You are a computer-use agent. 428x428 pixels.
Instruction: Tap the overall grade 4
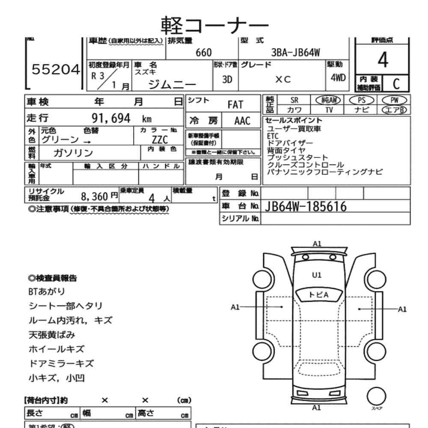click(x=383, y=61)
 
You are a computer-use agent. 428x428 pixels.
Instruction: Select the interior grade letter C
click(x=396, y=83)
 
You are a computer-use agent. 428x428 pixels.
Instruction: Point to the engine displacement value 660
click(x=203, y=53)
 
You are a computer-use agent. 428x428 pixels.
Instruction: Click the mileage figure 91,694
click(x=111, y=119)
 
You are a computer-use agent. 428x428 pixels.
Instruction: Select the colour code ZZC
click(x=159, y=140)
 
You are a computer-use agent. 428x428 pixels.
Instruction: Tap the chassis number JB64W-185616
click(x=306, y=207)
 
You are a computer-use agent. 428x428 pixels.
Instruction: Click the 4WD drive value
click(x=339, y=79)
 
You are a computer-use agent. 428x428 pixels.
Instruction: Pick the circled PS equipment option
click(x=362, y=100)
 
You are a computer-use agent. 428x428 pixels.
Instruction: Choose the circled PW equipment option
click(x=394, y=100)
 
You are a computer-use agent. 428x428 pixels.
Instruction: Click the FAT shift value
click(x=235, y=105)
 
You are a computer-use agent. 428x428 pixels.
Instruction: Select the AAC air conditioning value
click(x=242, y=121)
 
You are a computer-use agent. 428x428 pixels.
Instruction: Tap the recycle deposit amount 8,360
click(x=95, y=196)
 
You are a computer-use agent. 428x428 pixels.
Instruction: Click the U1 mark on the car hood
click(x=317, y=275)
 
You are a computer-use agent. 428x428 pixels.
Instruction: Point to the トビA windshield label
click(x=318, y=294)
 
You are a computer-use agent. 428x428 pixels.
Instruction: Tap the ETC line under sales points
click(x=273, y=136)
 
